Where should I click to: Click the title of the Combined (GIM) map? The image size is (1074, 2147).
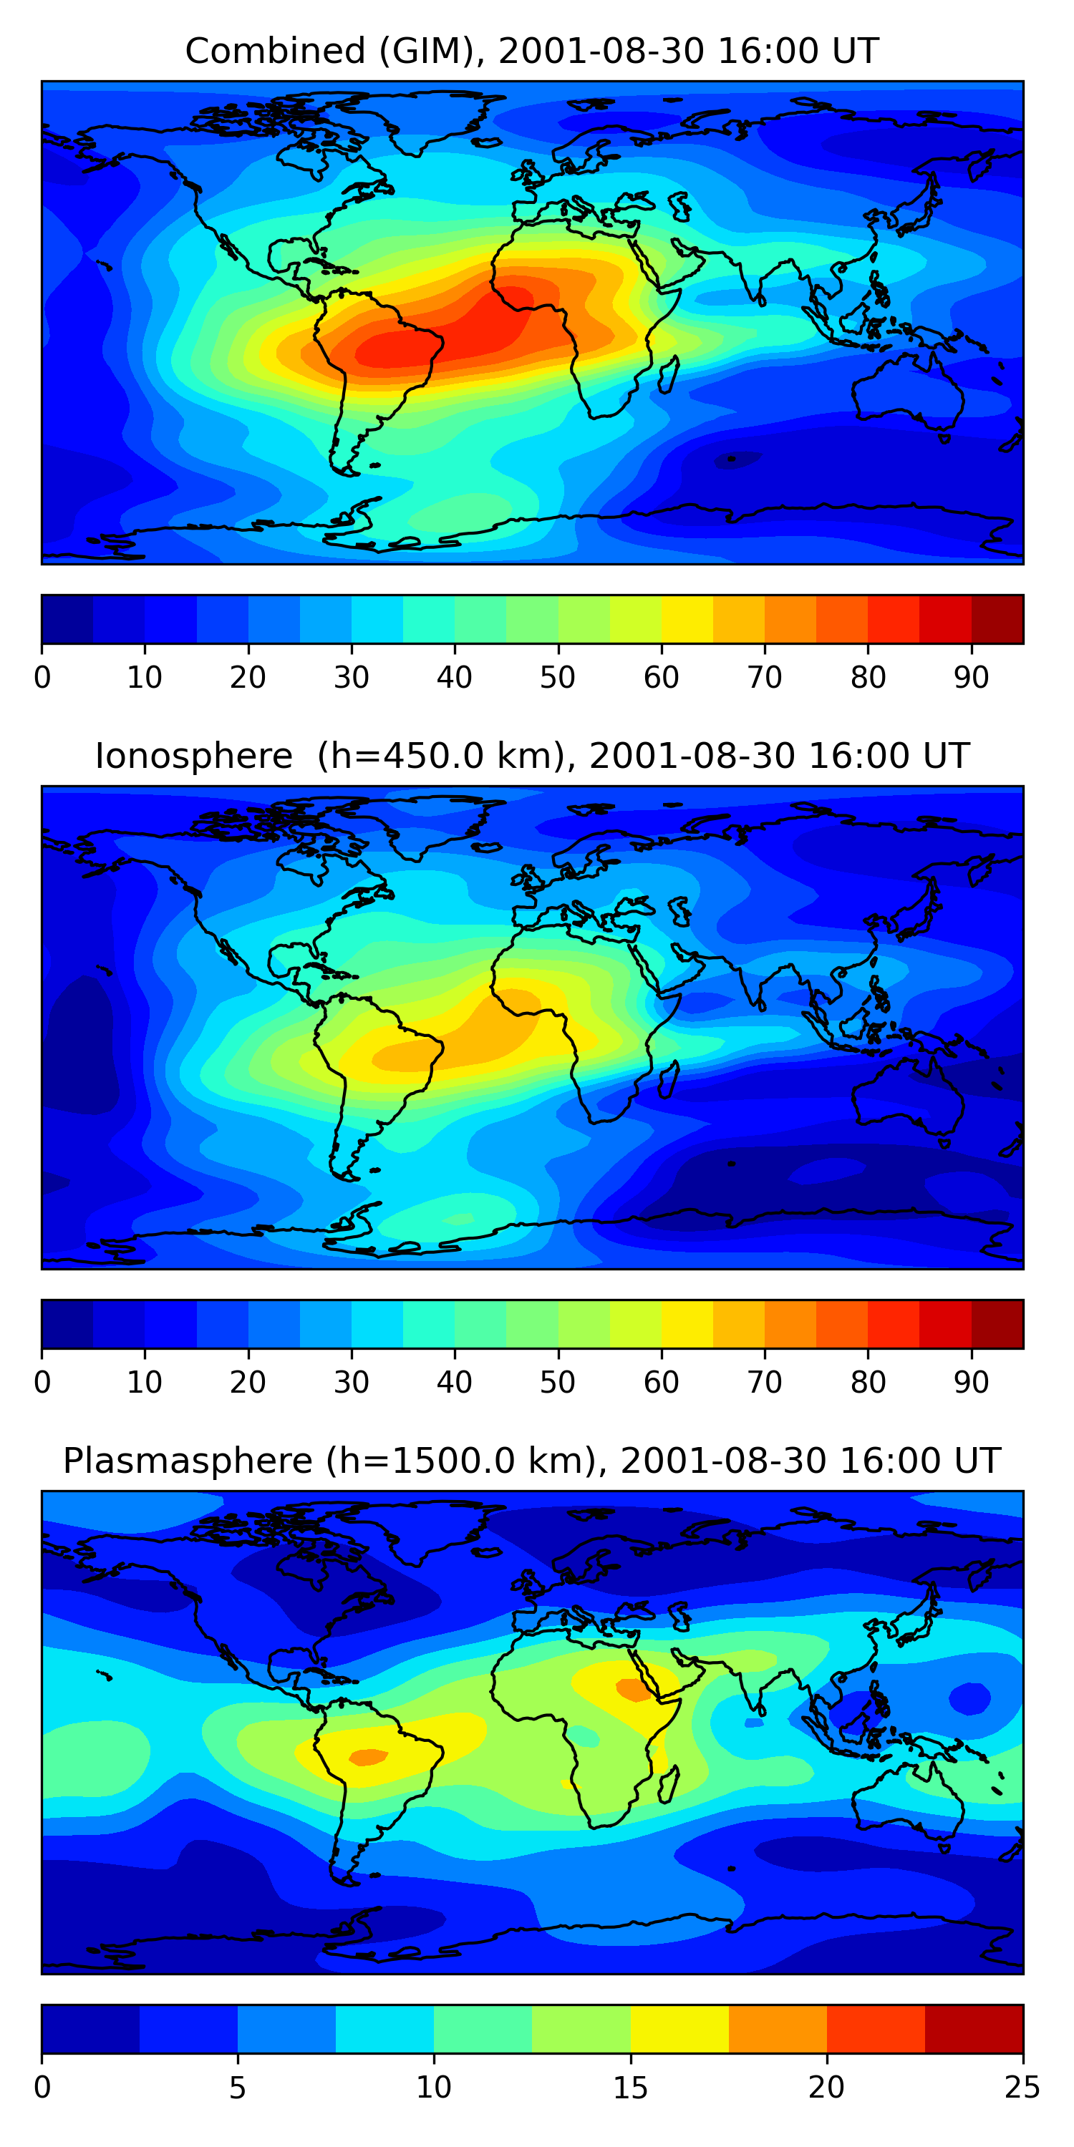[532, 51]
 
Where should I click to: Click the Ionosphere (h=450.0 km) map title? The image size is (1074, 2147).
[532, 756]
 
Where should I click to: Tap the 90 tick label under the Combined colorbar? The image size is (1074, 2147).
[972, 678]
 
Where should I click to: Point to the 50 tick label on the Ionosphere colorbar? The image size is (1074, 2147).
[558, 1382]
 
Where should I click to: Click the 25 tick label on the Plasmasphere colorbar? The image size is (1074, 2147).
[1022, 2087]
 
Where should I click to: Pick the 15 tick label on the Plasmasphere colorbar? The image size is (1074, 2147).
[630, 2087]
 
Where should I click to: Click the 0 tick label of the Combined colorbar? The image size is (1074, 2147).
[42, 678]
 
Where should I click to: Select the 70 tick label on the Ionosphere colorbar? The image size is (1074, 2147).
[765, 1382]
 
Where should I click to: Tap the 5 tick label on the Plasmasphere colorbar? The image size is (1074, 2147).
[238, 2087]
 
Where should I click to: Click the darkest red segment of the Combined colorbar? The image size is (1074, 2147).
[997, 619]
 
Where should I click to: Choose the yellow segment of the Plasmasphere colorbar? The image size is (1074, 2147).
[679, 2029]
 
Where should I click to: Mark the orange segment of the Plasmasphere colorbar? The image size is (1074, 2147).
[778, 2029]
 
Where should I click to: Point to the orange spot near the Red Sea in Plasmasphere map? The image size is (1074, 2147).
[634, 1690]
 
